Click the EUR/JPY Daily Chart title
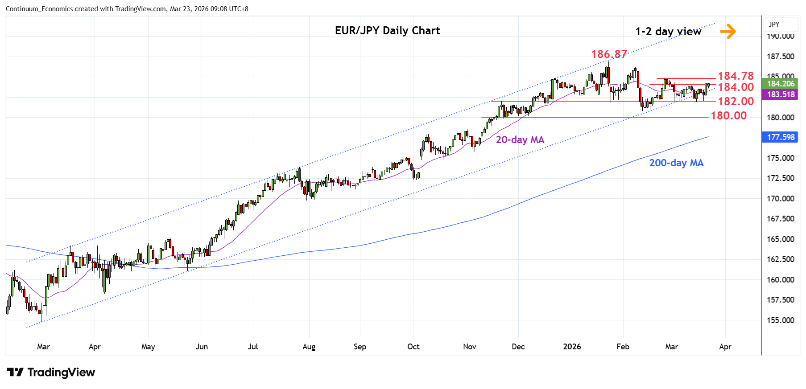tap(387, 31)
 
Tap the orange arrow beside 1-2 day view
tap(727, 31)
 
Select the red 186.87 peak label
tap(609, 54)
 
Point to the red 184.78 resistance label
tap(736, 76)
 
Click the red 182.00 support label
tap(736, 102)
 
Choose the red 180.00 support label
tap(728, 116)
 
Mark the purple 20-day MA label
tap(520, 140)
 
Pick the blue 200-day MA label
tap(676, 163)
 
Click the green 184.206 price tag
tap(781, 84)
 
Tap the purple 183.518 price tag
tap(781, 94)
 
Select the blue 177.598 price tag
tap(781, 137)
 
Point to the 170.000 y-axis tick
tap(780, 199)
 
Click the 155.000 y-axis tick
tap(780, 320)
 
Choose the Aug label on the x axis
tap(309, 347)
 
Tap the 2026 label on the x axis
tap(572, 347)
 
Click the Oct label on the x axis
tap(413, 347)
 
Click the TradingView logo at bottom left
tap(51, 373)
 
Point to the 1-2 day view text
tap(668, 32)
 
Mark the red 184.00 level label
tap(736, 87)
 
